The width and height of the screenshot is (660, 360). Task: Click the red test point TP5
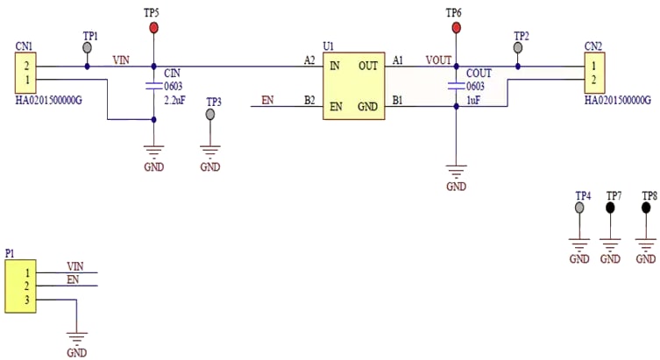(x=153, y=28)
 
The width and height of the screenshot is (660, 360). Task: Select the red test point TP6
(x=455, y=28)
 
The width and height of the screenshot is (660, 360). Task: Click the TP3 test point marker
(x=210, y=115)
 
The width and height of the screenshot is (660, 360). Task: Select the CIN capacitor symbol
(x=153, y=86)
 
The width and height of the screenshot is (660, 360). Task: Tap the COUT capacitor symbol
(x=455, y=86)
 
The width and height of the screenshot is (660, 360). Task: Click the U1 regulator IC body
(x=354, y=85)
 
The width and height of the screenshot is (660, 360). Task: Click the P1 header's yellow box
(x=16, y=286)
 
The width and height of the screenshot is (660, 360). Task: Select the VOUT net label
(x=438, y=60)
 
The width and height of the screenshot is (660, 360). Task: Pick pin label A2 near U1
(x=309, y=60)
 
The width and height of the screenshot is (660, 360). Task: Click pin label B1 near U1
(x=398, y=101)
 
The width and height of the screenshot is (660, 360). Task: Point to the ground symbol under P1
(x=77, y=336)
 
